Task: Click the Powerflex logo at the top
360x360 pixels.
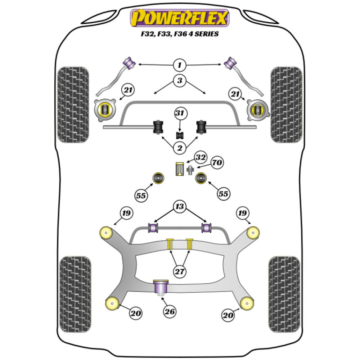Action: tap(180, 18)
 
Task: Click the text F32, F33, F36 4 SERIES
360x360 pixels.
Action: tap(180, 35)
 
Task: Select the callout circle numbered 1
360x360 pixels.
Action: tap(180, 65)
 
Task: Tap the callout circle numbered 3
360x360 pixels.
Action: tap(180, 80)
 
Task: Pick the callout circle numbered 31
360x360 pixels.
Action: tap(180, 114)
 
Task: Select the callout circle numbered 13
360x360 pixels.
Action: tap(180, 206)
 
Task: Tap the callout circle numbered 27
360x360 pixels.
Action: tap(180, 272)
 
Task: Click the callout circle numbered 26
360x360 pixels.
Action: tap(170, 311)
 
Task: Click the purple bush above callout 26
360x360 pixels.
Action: tap(161, 287)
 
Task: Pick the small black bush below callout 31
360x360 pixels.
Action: tap(180, 135)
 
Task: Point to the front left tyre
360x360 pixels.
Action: tap(73, 104)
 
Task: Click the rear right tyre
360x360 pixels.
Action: tap(284, 289)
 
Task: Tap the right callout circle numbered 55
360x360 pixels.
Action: tap(223, 194)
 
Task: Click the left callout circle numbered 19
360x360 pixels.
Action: tap(126, 213)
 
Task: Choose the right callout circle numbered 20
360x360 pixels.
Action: tap(228, 315)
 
